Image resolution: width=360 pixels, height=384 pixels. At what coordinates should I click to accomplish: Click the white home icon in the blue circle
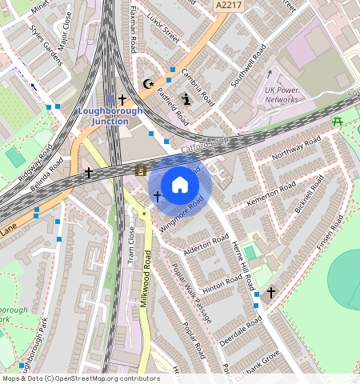180,184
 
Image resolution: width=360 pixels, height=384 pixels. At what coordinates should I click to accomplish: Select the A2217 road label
228,6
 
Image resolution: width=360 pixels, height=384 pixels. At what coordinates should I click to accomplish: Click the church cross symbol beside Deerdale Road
271,294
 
